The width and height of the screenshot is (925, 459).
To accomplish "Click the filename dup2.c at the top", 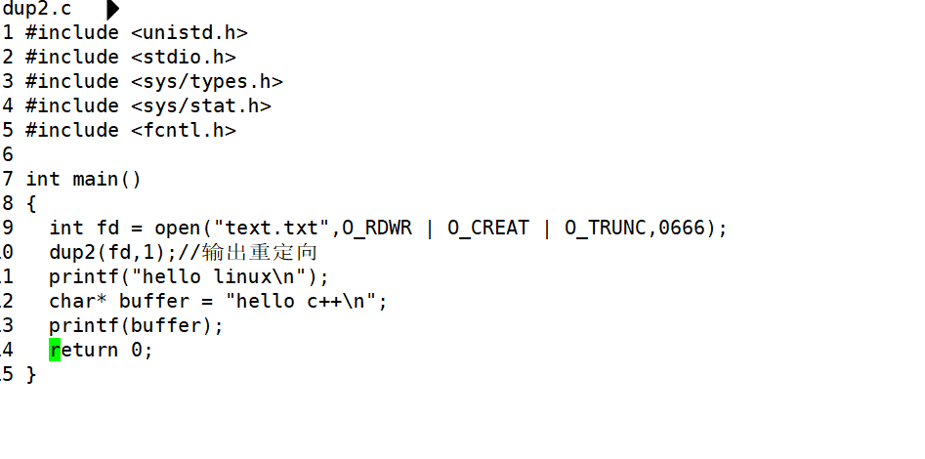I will tap(36, 9).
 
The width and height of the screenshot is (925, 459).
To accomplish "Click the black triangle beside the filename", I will tap(112, 10).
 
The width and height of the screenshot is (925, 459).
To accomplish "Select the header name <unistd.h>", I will tap(189, 33).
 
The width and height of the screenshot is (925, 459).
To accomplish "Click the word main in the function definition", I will tap(95, 179).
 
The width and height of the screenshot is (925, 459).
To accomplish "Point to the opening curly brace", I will tap(31, 203).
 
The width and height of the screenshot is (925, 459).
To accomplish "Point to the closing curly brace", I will tap(31, 374).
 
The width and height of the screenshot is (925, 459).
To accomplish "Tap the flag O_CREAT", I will tap(488, 228).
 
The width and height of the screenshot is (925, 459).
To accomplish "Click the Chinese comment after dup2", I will tap(260, 252).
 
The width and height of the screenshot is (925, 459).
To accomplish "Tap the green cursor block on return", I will tap(55, 350).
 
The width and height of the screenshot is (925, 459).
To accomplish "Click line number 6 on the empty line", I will tap(8, 154).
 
